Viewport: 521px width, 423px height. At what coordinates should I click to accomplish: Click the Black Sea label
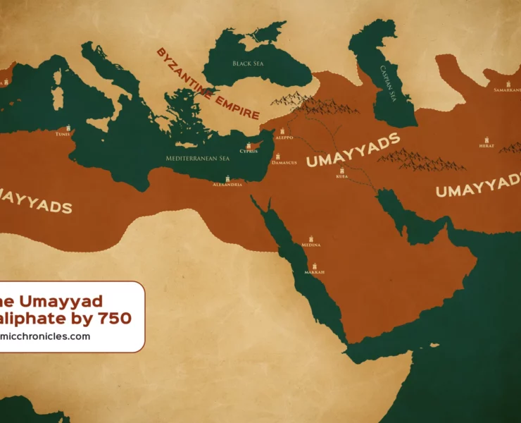tap(247, 63)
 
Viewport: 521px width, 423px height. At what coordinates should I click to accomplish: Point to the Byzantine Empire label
tap(208, 85)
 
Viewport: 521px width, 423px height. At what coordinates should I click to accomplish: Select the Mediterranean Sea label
tap(198, 159)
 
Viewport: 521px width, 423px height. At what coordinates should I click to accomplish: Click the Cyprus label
tap(249, 151)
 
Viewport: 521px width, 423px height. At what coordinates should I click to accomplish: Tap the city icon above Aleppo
tap(282, 131)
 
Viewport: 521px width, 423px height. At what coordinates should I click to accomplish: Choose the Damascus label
tap(284, 163)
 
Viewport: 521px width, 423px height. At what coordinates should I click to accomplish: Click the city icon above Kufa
tap(342, 171)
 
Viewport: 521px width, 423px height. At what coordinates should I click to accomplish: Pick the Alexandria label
tap(228, 185)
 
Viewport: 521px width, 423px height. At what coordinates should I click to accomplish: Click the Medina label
tap(310, 245)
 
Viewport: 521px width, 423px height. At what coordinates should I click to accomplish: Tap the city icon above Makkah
tap(313, 264)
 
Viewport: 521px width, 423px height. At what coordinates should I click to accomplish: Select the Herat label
tap(487, 147)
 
